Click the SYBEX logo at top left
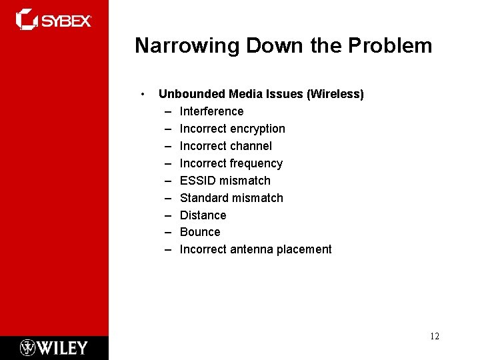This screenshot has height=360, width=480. click(x=53, y=19)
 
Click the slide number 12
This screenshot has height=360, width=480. click(x=434, y=336)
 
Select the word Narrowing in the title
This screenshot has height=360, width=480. click(x=187, y=46)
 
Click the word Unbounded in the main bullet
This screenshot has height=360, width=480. click(x=187, y=94)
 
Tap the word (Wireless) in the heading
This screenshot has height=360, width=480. click(x=335, y=94)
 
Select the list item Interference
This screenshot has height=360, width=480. click(x=211, y=111)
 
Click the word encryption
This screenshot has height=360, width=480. click(x=257, y=129)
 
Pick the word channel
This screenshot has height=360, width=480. click(x=251, y=146)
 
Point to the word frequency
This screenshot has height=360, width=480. click(x=256, y=163)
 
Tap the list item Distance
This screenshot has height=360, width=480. click(x=203, y=215)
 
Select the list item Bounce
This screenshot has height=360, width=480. click(x=200, y=232)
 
